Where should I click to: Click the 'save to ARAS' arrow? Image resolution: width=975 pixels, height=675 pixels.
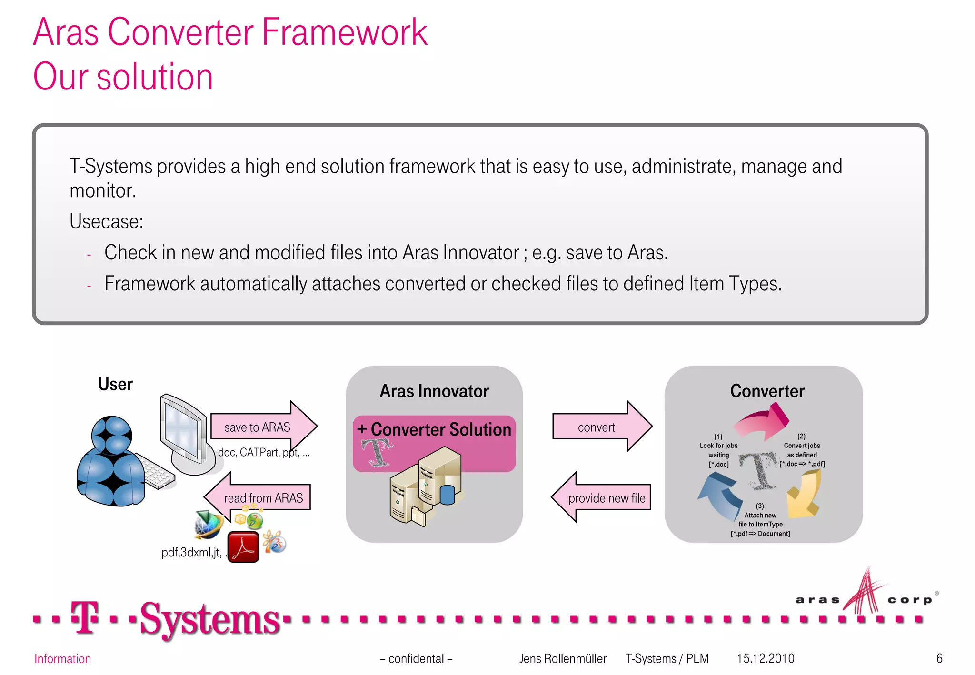coord(262,427)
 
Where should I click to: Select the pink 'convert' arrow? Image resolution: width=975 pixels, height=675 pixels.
coord(600,427)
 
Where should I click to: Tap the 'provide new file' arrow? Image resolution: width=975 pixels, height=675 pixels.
coord(602,498)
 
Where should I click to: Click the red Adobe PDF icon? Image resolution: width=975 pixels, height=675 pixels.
coord(243,547)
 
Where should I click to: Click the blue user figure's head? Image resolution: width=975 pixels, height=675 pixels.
coord(112,434)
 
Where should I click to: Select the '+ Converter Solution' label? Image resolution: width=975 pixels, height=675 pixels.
coord(434,429)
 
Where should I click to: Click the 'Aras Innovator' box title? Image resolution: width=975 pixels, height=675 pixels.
coord(434,391)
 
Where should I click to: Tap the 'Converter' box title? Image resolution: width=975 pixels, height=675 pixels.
coord(767,391)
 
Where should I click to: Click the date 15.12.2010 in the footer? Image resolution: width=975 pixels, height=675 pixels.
coord(765,658)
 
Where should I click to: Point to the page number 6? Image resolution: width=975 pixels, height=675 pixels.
coord(939,658)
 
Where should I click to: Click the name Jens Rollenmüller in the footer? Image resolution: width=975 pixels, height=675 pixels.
coord(562,658)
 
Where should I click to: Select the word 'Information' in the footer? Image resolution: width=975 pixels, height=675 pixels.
coord(62,659)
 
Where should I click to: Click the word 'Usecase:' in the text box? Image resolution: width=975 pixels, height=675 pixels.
coord(106,221)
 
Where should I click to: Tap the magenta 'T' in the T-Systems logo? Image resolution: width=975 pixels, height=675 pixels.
coord(85,617)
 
